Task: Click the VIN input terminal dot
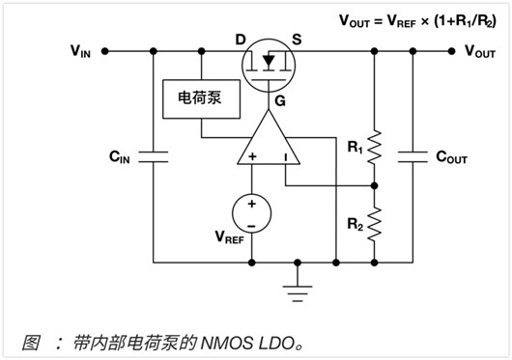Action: point(105,51)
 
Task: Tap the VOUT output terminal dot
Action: point(451,51)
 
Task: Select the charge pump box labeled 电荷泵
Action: point(202,98)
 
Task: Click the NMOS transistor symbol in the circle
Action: point(269,66)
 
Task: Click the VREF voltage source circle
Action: point(251,213)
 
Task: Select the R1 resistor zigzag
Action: point(375,147)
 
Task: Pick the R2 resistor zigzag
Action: point(375,224)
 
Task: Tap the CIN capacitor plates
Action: point(154,156)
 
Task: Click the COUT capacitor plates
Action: point(412,156)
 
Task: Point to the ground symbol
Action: point(298,293)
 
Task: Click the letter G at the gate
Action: point(280,101)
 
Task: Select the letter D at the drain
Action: point(241,40)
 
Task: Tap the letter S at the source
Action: point(297,40)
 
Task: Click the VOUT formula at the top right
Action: point(417,21)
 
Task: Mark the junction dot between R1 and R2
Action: point(375,186)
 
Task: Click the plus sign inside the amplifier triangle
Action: point(252,157)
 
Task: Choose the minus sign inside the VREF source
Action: point(251,226)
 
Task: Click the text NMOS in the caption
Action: point(227,343)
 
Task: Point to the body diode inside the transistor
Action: point(269,61)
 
